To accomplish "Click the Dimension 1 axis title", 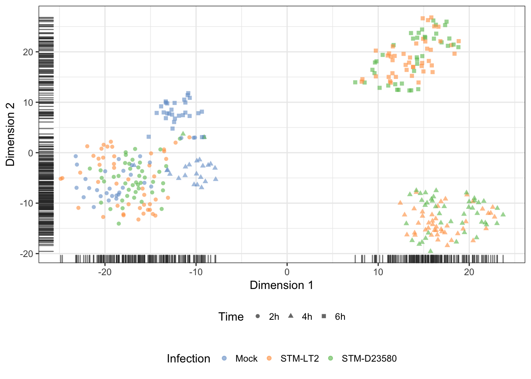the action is click(x=282, y=285).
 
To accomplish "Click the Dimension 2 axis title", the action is click(x=10, y=135).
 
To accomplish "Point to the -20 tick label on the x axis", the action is click(x=105, y=272).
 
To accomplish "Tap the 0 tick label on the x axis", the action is click(x=287, y=272).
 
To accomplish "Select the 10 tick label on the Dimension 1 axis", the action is click(x=378, y=272).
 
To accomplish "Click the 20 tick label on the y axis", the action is click(x=28, y=52).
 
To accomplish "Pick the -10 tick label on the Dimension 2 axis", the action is click(x=26, y=203).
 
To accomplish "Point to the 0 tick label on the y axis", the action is click(x=30, y=153).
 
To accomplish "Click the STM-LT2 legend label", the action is click(x=299, y=358).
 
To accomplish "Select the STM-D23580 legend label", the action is click(x=369, y=358).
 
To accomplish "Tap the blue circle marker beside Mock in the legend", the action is click(x=224, y=358).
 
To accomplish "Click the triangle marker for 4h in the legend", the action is click(x=291, y=316).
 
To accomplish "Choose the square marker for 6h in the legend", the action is click(x=324, y=316).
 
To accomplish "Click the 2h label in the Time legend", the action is click(x=274, y=317).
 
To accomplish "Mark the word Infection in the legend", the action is click(x=188, y=358).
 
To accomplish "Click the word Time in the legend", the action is click(x=231, y=317).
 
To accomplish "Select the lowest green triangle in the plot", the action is click(x=430, y=251).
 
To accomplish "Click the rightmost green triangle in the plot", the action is click(x=503, y=214).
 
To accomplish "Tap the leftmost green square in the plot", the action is click(x=355, y=82).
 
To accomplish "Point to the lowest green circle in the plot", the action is click(x=119, y=223).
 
